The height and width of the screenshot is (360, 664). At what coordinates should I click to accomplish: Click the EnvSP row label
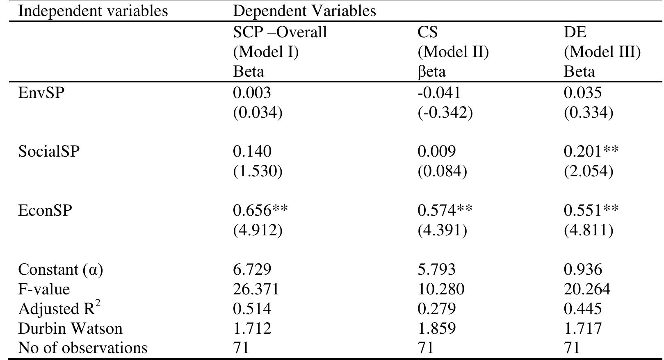point(41,93)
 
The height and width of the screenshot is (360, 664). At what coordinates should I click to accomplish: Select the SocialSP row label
point(49,152)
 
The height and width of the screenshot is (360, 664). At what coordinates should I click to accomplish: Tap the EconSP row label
point(45,211)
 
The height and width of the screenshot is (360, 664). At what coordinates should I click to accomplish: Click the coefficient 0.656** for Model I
point(260,211)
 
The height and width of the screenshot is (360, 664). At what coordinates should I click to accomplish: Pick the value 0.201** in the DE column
point(591,152)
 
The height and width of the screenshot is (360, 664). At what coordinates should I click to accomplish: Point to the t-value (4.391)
point(442,230)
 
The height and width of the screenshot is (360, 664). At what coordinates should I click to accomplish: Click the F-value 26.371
point(256,289)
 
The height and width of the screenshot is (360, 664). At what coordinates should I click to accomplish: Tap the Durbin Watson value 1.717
point(582,328)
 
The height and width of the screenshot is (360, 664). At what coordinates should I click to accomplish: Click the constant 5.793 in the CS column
point(436,270)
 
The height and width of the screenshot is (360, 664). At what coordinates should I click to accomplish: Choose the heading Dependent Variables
point(304,11)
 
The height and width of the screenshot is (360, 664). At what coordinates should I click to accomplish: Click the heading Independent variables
point(93,11)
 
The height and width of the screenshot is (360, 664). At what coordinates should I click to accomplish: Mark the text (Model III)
point(602,52)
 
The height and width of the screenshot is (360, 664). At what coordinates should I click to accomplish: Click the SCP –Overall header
point(280,32)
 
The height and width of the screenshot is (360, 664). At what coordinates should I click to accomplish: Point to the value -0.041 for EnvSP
point(439,93)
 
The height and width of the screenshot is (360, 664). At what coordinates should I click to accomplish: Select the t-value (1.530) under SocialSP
point(258,171)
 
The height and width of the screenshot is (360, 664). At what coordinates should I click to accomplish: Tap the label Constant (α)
point(61,270)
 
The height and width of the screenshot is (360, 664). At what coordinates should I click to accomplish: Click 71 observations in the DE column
point(572,348)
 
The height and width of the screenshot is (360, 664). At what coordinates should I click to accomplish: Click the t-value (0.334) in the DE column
point(588,113)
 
